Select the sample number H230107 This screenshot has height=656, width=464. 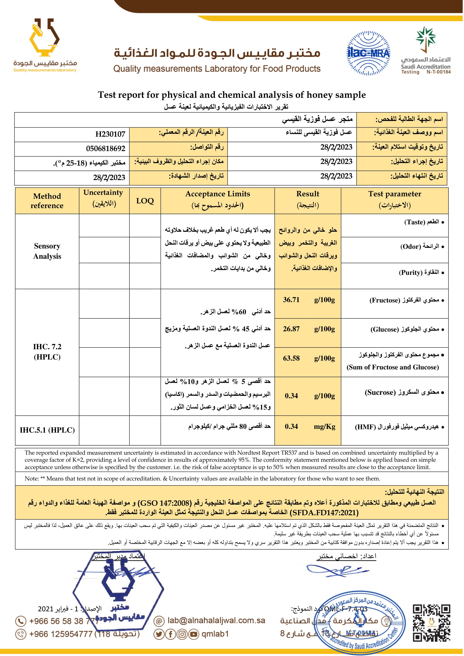click(x=110, y=134)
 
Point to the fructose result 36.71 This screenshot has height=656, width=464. click(x=291, y=300)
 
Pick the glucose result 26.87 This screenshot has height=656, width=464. click(x=291, y=329)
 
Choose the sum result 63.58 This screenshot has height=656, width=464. click(x=291, y=358)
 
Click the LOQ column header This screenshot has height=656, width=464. click(x=145, y=201)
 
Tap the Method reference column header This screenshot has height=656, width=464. click(x=47, y=201)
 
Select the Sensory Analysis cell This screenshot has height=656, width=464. click(x=47, y=251)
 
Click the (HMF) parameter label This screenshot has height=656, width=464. click(x=365, y=427)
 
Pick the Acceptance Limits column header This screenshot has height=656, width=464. click(x=218, y=194)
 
